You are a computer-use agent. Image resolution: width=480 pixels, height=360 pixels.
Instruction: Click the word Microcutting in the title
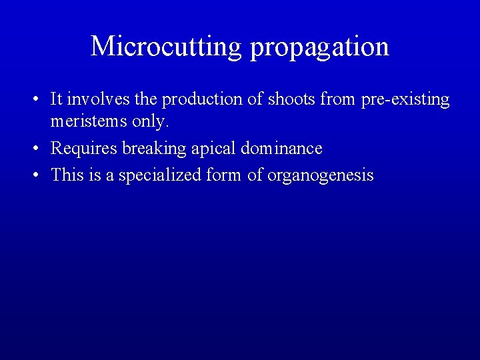167,46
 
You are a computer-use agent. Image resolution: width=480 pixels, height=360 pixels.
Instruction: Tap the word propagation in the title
320,46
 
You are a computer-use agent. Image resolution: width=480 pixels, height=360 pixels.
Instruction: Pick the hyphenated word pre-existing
405,99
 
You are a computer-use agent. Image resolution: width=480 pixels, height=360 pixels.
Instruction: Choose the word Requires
84,148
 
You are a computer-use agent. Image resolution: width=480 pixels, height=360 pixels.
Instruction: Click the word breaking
155,148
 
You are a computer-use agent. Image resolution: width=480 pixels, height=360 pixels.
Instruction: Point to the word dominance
281,148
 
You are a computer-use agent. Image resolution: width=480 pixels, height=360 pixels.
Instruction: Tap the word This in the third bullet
66,175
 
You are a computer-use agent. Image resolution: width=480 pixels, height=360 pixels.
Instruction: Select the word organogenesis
321,175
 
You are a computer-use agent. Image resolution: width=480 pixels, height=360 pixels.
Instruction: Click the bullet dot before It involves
35,100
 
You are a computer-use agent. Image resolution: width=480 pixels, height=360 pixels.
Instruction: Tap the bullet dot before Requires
35,149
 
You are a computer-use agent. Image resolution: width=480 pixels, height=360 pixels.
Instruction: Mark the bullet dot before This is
35,175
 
